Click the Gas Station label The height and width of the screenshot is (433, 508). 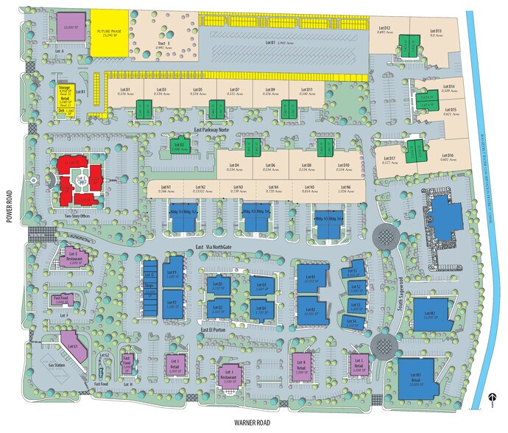[56, 365]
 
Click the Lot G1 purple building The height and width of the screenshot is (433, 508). [71, 345]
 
